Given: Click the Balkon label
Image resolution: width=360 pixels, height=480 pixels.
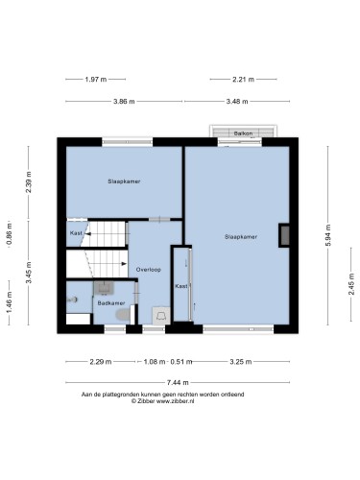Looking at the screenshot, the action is click(x=243, y=133).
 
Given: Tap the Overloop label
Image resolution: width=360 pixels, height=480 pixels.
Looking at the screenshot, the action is click(x=149, y=270).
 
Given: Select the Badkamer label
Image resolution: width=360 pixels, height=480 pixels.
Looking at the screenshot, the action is click(x=111, y=302).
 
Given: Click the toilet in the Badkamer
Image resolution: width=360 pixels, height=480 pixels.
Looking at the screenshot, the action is click(x=123, y=315).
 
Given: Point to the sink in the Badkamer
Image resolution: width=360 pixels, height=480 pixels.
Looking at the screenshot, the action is click(x=104, y=287).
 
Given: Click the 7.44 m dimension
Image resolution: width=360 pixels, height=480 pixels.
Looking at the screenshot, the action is click(x=178, y=382).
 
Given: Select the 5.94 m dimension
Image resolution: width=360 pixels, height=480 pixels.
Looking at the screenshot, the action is click(x=328, y=235).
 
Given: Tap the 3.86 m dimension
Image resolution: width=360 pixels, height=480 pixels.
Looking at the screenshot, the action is click(x=124, y=102).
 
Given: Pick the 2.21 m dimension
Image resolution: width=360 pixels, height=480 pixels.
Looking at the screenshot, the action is click(x=243, y=79).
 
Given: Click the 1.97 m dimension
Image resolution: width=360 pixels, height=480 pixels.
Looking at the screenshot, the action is click(x=96, y=79).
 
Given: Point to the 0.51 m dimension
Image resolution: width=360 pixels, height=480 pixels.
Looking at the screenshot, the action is click(x=181, y=362).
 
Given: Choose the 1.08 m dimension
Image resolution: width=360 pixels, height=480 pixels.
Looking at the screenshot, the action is click(x=155, y=362).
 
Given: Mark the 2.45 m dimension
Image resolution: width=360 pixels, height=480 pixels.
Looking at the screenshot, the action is click(x=351, y=284).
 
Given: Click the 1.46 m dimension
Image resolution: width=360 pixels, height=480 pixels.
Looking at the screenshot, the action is click(x=10, y=302).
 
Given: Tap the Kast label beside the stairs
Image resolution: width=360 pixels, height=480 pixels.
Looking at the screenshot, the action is click(x=76, y=233).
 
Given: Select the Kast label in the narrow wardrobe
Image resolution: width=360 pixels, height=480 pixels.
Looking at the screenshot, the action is click(x=181, y=286).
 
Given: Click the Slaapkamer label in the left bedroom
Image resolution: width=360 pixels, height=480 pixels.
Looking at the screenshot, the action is click(x=124, y=181).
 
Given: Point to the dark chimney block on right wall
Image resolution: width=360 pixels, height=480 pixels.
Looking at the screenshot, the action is click(x=284, y=235).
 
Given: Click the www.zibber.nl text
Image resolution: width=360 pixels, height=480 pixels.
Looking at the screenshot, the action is click(x=175, y=401).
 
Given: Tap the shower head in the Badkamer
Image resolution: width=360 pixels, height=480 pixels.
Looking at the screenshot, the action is click(x=72, y=300).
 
